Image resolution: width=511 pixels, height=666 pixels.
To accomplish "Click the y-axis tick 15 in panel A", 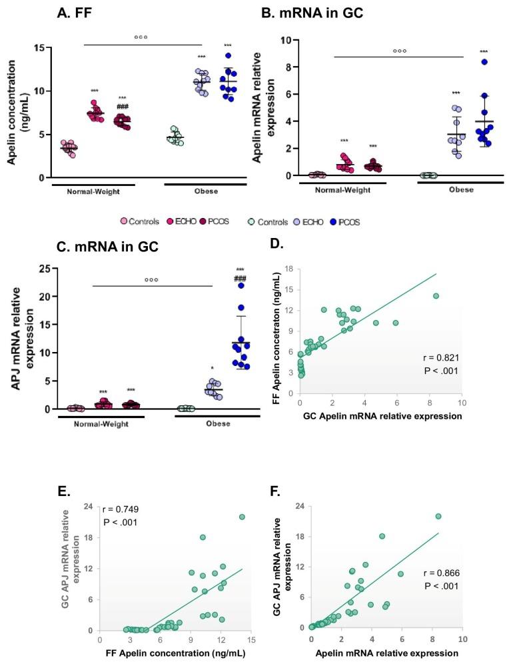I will pos(39,48).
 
